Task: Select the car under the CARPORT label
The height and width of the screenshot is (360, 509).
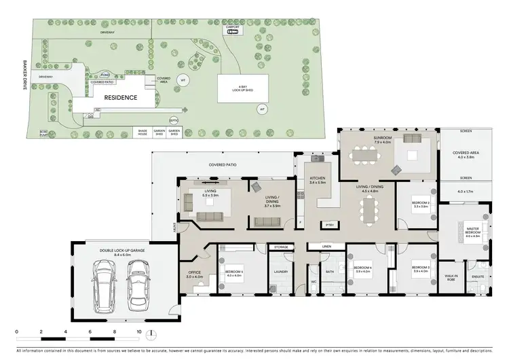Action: pos(232,31)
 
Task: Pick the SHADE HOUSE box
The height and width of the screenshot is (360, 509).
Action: pos(143,132)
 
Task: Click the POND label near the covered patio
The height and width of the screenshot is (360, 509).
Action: pos(105,74)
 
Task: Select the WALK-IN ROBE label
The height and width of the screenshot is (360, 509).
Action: pos(451,277)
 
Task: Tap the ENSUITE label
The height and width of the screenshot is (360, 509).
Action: pos(478,277)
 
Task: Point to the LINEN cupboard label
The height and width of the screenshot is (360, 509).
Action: pos(326,246)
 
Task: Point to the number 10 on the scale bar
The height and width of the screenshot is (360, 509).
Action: pos(138,332)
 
